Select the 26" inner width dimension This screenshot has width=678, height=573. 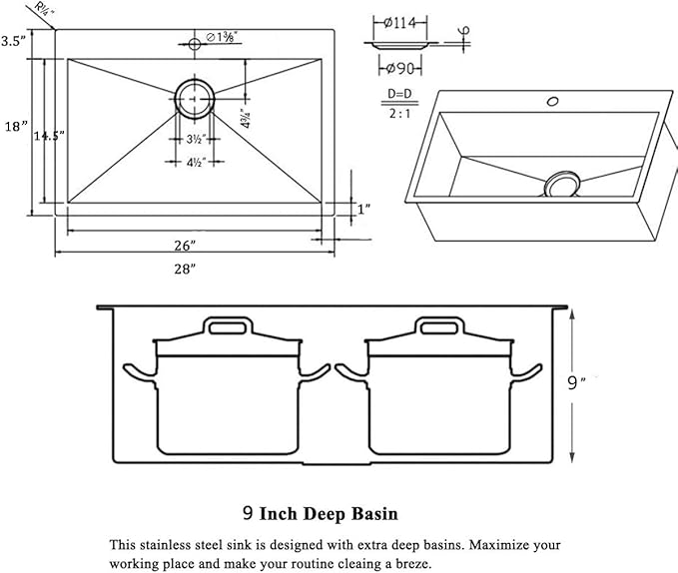pos(185,245)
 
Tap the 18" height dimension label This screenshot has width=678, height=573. pos(15,127)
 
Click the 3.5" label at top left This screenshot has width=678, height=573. pos(12,41)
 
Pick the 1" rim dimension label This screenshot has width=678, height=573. pos(364,209)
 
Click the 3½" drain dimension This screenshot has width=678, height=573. pos(196,139)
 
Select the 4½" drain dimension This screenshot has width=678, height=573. pos(196,162)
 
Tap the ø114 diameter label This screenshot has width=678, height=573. pos(402,22)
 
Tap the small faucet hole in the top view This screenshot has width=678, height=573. pos(195,43)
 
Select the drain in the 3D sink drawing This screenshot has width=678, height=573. pos(562,184)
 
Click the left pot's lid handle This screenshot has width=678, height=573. pos(229,326)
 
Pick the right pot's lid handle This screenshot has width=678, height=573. pos(439,326)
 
